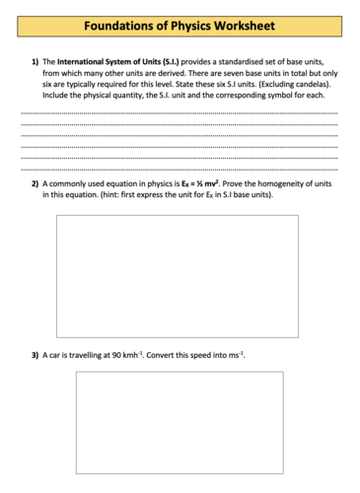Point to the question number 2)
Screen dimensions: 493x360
pyautogui.click(x=35, y=184)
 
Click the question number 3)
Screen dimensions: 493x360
pyautogui.click(x=35, y=354)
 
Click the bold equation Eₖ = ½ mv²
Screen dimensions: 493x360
pyautogui.click(x=199, y=184)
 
